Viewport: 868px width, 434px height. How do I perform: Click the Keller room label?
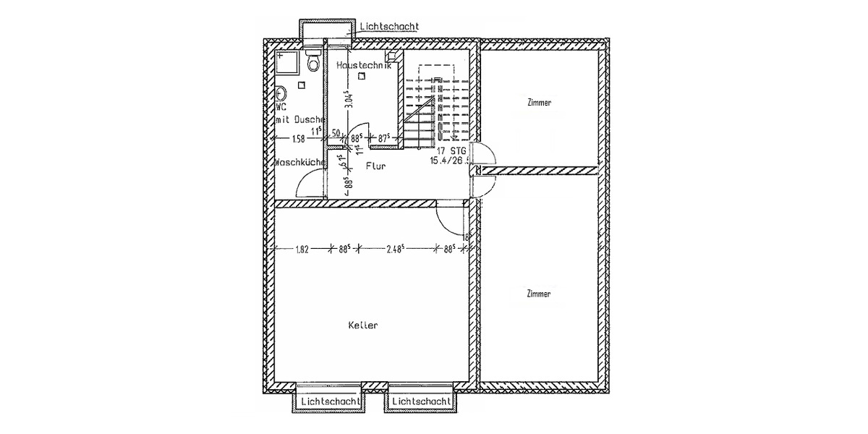[x=363, y=325]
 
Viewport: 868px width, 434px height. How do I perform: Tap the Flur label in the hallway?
[x=375, y=166]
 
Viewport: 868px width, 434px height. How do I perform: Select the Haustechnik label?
[x=364, y=65]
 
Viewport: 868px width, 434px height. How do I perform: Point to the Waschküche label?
[x=299, y=163]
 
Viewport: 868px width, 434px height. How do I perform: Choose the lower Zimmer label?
[x=539, y=294]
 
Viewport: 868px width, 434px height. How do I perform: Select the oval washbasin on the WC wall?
[x=281, y=94]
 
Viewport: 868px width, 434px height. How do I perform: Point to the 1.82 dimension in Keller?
[x=302, y=250]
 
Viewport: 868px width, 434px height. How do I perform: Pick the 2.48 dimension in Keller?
[x=394, y=250]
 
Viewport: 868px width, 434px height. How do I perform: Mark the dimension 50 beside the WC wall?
[x=336, y=134]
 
